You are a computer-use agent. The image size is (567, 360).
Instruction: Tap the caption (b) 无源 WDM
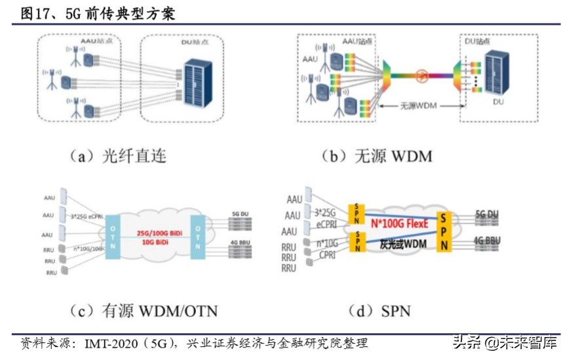pos(377,156)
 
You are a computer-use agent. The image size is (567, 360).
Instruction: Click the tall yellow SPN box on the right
pos(445,231)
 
